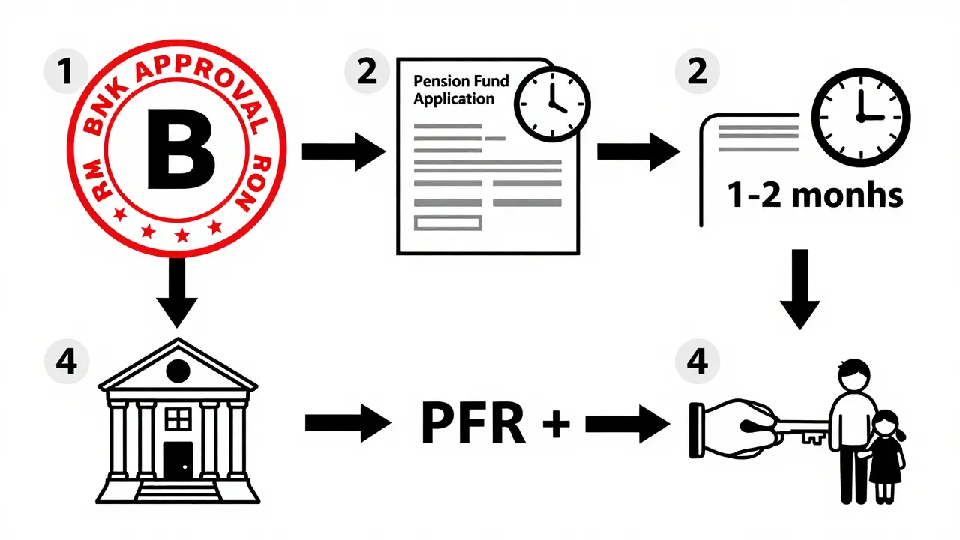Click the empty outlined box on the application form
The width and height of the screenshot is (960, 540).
tap(448, 222)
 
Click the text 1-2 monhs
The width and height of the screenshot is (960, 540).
tap(814, 196)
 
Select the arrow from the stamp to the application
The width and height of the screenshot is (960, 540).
tap(342, 151)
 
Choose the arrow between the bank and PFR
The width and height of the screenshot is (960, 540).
tap(347, 424)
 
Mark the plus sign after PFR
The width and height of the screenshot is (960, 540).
tap(556, 424)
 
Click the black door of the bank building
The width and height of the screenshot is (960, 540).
tap(178, 460)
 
